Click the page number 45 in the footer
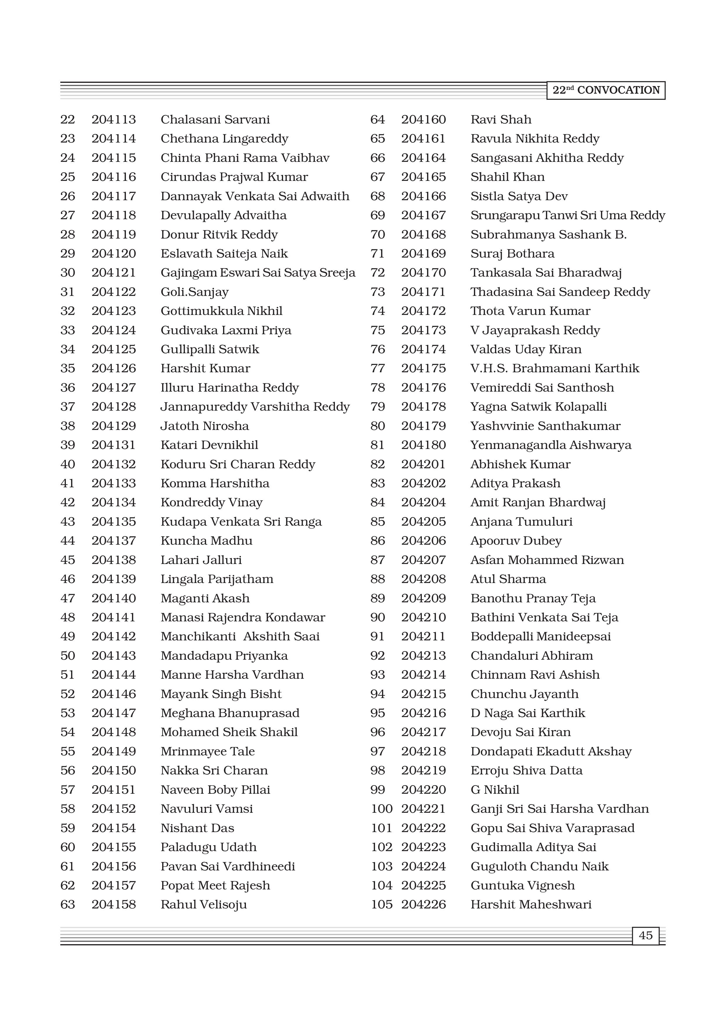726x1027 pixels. pos(645,935)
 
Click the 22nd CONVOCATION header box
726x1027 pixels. pos(606,90)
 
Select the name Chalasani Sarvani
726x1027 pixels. pos(215,119)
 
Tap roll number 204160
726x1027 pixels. pos(423,119)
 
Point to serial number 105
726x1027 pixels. pos(381,904)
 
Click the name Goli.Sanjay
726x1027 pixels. pos(195,292)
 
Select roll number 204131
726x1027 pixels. pos(114,445)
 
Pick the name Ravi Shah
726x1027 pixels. pos(501,119)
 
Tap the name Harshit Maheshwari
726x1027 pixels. pos(531,904)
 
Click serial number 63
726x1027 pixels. pos(68,904)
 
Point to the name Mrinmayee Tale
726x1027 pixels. pos(208,752)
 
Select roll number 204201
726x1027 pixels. pos(423,464)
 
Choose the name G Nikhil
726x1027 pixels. pos(495,789)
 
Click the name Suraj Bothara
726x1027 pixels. pos(512,254)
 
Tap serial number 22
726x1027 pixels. pos(68,119)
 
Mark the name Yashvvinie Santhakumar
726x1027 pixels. pos(545,426)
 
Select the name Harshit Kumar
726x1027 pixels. pos(205,368)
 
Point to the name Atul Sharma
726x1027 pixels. pos(508,579)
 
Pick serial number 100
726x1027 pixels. pos(381,809)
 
